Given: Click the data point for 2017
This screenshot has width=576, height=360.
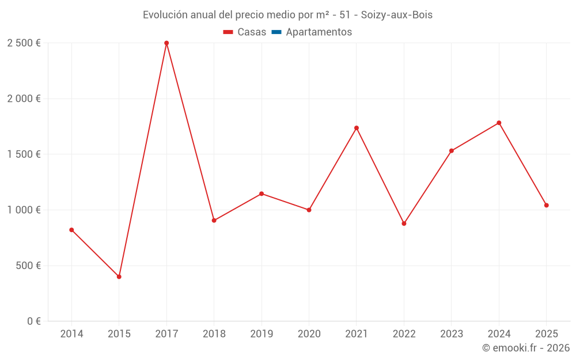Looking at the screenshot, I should (166, 43).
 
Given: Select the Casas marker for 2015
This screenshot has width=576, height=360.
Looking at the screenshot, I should (119, 276).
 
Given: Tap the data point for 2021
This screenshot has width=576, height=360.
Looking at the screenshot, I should (357, 128).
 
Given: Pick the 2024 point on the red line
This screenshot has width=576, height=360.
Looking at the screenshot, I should (499, 123).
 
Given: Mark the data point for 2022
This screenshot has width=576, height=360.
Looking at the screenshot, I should (404, 223).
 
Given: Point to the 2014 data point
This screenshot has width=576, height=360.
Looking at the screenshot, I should (71, 230).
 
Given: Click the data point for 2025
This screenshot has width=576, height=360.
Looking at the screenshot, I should (546, 205).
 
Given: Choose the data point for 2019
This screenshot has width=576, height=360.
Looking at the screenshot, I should (262, 194).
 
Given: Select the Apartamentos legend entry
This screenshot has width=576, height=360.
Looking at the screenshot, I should (319, 32).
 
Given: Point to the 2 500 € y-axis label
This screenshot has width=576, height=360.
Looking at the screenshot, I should (24, 43).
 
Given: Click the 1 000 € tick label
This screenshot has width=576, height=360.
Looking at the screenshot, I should (24, 210).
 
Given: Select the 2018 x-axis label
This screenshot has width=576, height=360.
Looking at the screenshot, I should (214, 334).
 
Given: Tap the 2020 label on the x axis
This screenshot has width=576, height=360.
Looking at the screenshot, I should (309, 334).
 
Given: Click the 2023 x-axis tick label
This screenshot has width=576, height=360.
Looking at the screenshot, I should (451, 334).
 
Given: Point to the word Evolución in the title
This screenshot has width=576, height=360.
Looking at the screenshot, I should (165, 15).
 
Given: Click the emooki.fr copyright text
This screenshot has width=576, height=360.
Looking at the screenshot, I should (525, 348).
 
